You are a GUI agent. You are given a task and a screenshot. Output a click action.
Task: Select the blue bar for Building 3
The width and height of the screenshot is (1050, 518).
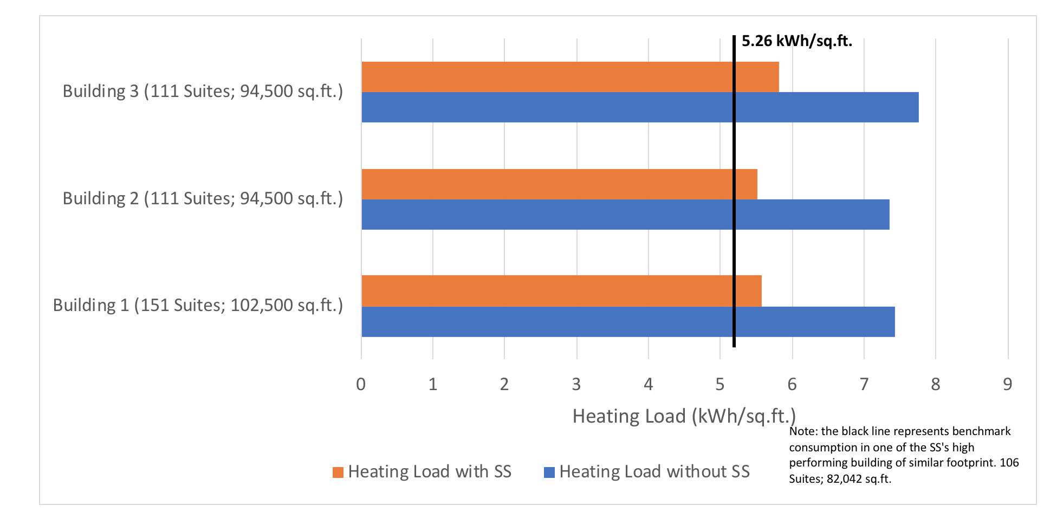[x=639, y=107]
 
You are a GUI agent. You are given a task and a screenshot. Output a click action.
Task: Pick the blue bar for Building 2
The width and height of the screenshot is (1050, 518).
[x=623, y=215]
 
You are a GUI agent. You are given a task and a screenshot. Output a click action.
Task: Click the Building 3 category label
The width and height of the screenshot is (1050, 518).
[x=203, y=91]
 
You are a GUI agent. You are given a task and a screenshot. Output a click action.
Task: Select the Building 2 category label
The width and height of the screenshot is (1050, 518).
[x=203, y=198]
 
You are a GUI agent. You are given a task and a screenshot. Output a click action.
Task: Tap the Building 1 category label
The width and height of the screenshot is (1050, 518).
[x=198, y=306]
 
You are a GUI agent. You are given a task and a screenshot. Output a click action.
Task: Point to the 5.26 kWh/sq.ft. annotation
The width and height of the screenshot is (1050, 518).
[x=796, y=41]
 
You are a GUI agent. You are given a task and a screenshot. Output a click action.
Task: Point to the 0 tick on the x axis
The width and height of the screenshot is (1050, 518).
[x=361, y=384]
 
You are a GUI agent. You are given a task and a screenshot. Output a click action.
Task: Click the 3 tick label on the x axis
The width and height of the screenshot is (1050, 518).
[x=576, y=384]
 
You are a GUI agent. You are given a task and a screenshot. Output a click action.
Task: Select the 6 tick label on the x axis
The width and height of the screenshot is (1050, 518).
[x=792, y=384]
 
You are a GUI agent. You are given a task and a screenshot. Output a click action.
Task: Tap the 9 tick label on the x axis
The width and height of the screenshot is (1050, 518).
[x=1007, y=384]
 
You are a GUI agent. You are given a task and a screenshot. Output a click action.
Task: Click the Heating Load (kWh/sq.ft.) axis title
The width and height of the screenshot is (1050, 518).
[x=684, y=416]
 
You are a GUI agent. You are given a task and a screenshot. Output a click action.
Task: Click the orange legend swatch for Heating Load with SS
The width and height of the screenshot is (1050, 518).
[x=338, y=472]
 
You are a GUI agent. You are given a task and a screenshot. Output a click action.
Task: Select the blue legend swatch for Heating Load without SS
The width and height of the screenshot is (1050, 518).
[x=549, y=472]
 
